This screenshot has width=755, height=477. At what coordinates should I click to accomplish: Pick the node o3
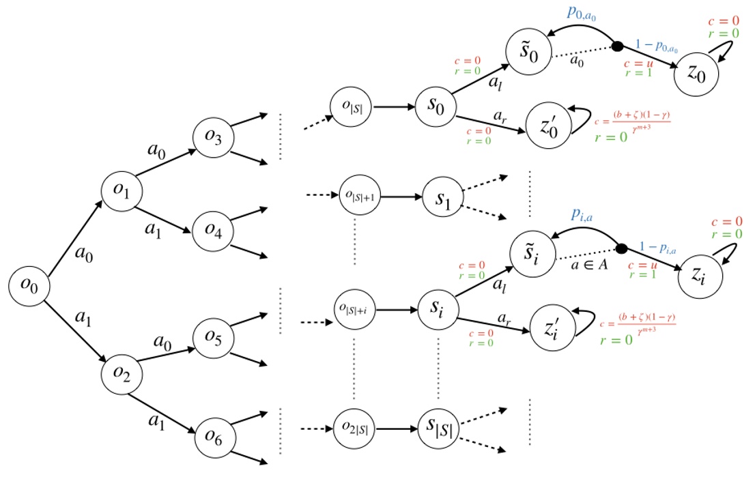[212, 136]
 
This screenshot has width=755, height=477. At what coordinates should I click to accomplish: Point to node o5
[212, 336]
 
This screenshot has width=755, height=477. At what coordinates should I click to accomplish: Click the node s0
[435, 108]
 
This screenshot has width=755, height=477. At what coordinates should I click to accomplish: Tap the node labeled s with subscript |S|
[440, 429]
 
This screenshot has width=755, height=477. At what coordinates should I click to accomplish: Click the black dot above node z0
[616, 46]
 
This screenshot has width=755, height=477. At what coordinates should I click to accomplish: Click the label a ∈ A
[590, 265]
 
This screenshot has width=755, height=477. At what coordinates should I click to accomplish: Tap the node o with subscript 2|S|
[354, 429]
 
